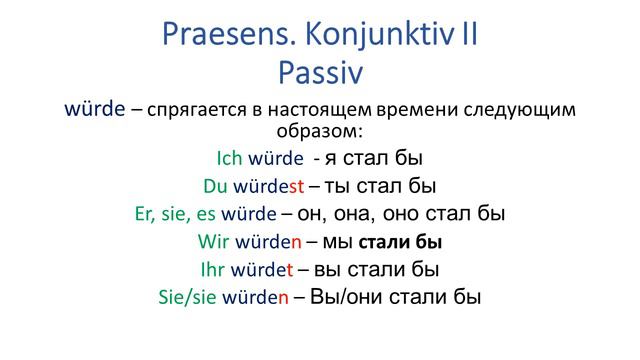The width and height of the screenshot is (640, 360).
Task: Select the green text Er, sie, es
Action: point(174,214)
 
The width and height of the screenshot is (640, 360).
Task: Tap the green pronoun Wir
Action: point(214,242)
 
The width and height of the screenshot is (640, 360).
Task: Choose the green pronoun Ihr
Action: point(213,269)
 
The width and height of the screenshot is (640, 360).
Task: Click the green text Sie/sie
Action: point(191,297)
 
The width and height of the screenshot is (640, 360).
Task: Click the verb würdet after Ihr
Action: point(263,269)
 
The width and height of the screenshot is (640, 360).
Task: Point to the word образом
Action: point(319,131)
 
